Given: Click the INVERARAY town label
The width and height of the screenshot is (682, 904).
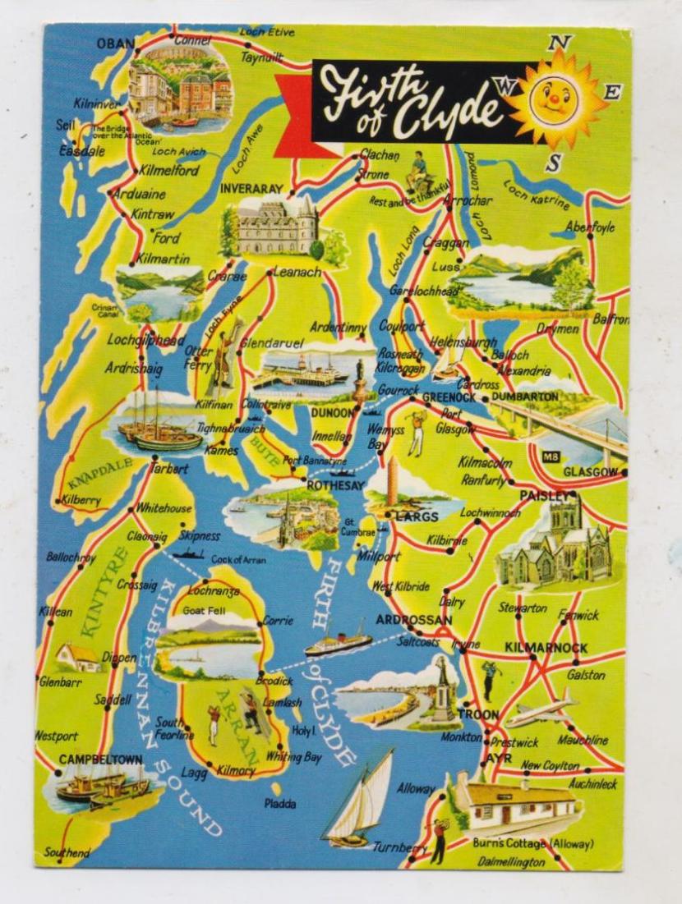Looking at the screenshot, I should (x=251, y=189).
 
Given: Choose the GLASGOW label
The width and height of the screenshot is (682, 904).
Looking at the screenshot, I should (x=590, y=472).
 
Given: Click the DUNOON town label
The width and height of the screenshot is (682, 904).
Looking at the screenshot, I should (x=333, y=413).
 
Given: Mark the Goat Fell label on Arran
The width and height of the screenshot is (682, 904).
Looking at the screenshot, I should (x=204, y=611).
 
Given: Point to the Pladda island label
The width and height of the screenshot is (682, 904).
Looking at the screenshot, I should (x=279, y=804).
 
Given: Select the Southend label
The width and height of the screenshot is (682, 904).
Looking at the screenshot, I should (x=67, y=853).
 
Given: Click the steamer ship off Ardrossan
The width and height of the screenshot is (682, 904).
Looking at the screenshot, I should (x=339, y=643).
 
